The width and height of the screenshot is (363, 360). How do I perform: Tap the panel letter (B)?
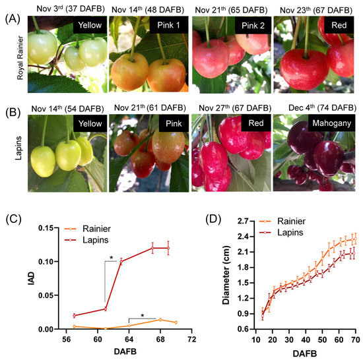click(11, 107)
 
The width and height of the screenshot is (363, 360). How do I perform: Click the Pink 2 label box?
click(247, 29)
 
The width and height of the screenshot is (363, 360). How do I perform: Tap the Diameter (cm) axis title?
click(209, 277)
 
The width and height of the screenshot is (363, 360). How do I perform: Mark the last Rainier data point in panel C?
click(176, 322)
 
